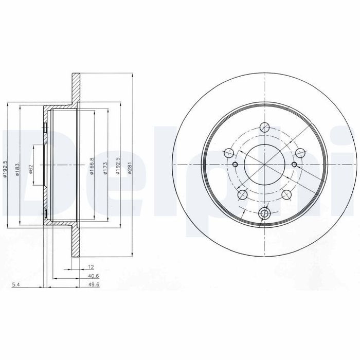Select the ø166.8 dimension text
pos(92,166)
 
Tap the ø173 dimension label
pos(105,168)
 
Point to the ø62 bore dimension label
pos(31,169)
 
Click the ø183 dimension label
pos(17,169)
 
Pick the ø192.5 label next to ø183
pos(6,169)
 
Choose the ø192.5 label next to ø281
pos(118,166)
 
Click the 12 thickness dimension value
pos(91,267)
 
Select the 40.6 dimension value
pos(93,276)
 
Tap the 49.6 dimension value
pos(94,285)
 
